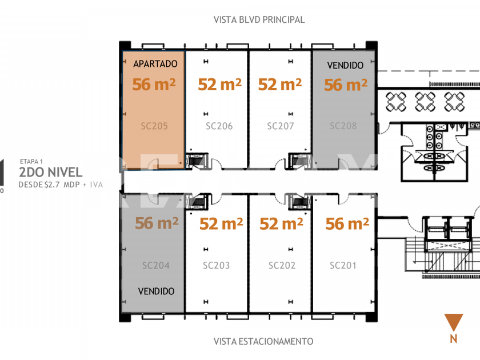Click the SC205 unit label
tap(154, 126)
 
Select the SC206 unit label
tap(219, 126)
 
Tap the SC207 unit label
tap(280, 126)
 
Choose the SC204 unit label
tap(156, 265)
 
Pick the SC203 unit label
tap(217, 265)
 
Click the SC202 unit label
tap(282, 265)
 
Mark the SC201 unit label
tap(343, 265)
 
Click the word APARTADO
tap(155, 64)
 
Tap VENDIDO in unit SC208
tap(345, 66)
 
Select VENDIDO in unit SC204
tap(156, 291)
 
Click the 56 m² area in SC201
tap(347, 223)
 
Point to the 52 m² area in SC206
tap(220, 85)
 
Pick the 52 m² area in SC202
tap(281, 224)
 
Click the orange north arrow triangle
tap(454, 322)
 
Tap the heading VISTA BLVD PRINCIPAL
tap(259, 19)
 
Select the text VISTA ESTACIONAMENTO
tap(263, 341)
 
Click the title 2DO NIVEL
tap(51, 172)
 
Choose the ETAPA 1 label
tap(31, 161)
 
